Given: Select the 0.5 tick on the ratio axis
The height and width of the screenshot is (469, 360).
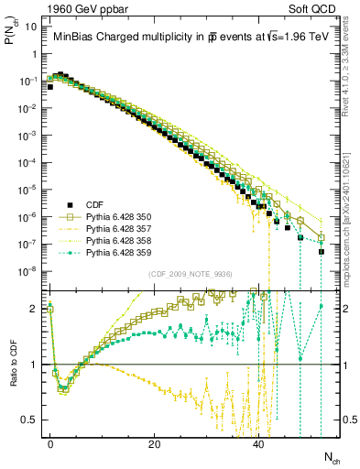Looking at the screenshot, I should tap(30, 420).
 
